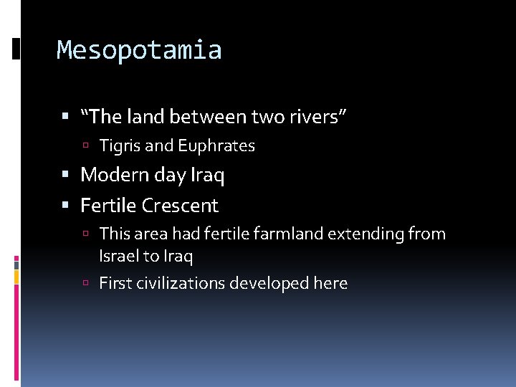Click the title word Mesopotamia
pyautogui.click(x=139, y=50)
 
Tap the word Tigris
pyautogui.click(x=120, y=146)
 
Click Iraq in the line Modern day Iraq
pyautogui.click(x=207, y=175)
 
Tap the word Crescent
pyautogui.click(x=180, y=206)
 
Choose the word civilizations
pyautogui.click(x=180, y=284)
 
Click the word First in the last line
pyautogui.click(x=114, y=284)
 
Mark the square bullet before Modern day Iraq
pyautogui.click(x=66, y=176)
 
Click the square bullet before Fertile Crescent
pyautogui.click(x=66, y=206)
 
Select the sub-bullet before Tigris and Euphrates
pyautogui.click(x=85, y=147)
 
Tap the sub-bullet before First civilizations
pyautogui.click(x=85, y=285)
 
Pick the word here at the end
pyautogui.click(x=330, y=284)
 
